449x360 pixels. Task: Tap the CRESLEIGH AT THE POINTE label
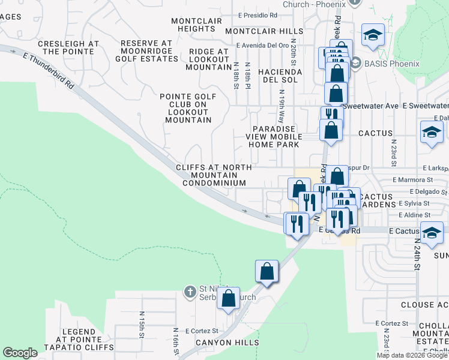(x=68, y=48)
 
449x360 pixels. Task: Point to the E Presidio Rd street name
(x=258, y=15)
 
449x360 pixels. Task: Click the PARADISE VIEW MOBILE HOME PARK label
(x=274, y=136)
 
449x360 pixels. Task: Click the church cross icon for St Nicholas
(x=190, y=292)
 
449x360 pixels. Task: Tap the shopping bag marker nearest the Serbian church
(x=228, y=298)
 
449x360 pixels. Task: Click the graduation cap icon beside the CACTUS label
(x=431, y=133)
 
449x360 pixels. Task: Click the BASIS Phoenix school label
(x=379, y=62)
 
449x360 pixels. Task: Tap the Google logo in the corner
(x=20, y=353)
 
